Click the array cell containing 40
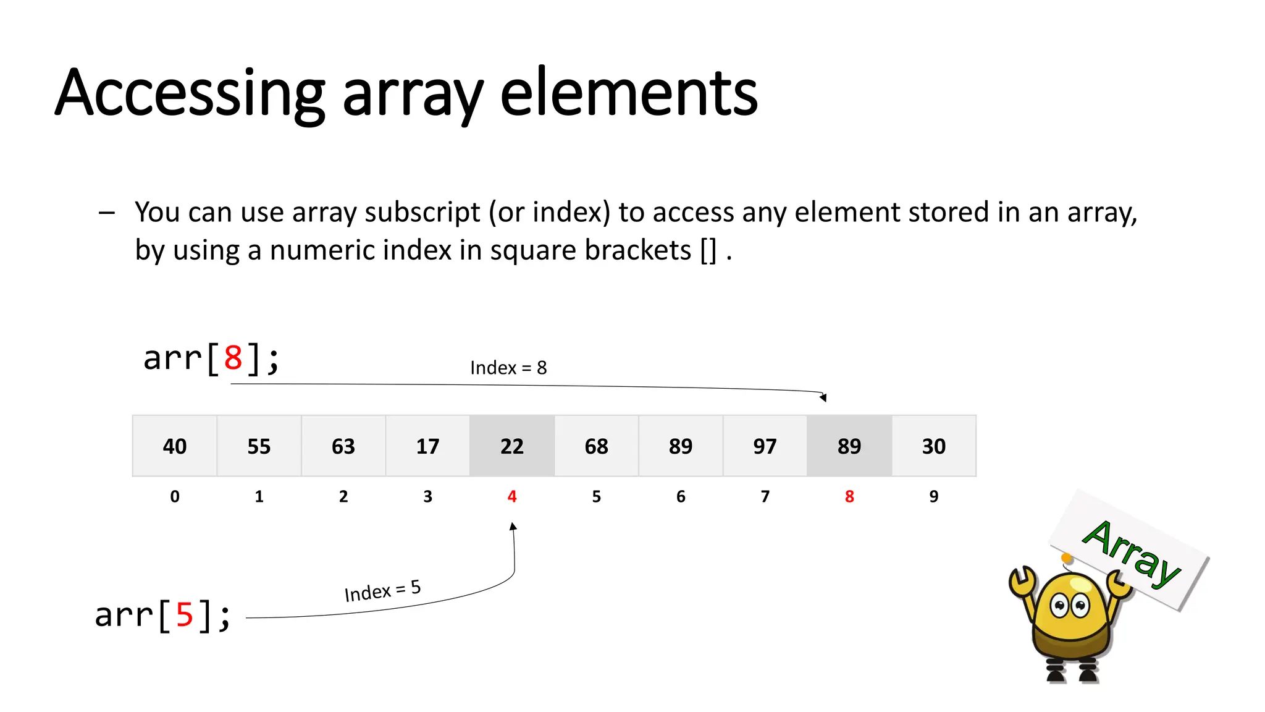point(175,446)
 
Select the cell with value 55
point(259,446)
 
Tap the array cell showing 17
point(427,446)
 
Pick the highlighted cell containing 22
point(512,446)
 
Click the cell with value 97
point(765,446)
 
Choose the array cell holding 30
point(934,446)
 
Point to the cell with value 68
point(596,446)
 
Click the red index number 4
point(512,496)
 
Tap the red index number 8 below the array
point(849,496)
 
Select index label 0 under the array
point(175,496)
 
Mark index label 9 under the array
point(934,496)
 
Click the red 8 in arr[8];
point(233,358)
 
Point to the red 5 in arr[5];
point(185,615)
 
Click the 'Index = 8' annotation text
point(508,368)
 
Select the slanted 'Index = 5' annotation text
point(382,591)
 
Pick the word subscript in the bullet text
point(422,213)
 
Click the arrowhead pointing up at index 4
point(513,527)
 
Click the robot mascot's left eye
point(1059,605)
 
